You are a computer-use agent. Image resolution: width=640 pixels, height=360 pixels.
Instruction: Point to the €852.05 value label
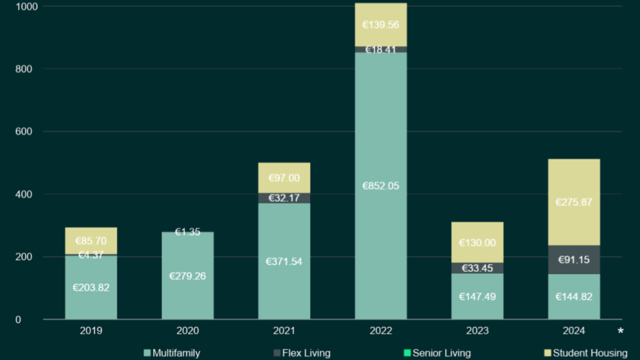381,186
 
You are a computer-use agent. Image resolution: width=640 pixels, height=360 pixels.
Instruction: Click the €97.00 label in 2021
284,178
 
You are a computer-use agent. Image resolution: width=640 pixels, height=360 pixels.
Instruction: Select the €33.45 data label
477,268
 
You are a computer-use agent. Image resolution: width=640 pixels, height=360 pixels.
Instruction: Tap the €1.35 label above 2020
187,232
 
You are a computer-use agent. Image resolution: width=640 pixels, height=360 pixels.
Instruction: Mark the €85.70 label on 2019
91,241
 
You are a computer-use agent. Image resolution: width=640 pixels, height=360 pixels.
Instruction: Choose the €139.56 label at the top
381,25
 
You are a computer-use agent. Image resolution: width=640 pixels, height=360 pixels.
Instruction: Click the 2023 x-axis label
477,331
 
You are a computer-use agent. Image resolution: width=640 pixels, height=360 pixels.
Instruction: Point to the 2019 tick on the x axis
91,331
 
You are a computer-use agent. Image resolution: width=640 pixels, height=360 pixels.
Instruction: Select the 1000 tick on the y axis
24,6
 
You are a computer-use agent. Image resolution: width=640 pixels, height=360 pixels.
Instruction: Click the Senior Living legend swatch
407,354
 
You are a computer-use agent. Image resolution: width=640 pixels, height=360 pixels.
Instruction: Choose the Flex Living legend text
306,354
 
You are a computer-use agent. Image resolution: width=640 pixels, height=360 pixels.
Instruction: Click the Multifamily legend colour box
147,354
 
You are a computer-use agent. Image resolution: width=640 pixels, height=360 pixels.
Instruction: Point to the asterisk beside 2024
621,331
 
